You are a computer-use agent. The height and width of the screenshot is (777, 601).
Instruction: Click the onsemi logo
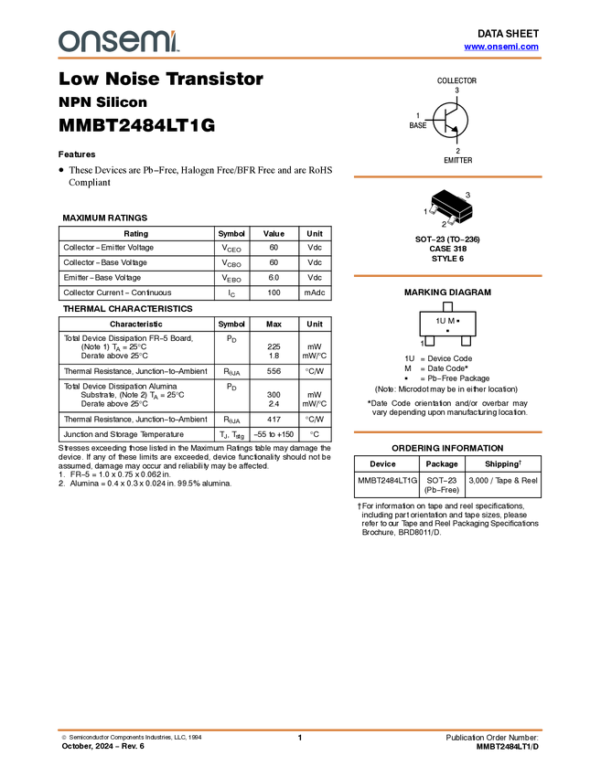119,41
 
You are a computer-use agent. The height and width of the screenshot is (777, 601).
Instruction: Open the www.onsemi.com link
501,47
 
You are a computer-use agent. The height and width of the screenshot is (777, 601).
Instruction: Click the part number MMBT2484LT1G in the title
137,125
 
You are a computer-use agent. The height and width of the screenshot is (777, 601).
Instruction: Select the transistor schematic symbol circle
450,121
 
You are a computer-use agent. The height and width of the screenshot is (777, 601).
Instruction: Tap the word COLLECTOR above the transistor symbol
456,80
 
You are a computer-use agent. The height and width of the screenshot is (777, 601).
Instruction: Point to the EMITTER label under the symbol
457,160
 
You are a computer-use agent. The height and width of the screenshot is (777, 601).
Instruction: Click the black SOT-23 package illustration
451,207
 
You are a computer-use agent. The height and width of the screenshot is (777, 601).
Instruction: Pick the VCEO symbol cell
231,249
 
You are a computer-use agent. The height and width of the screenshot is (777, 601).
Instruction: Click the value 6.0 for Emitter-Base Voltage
274,278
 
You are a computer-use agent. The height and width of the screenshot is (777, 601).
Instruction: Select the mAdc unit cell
315,293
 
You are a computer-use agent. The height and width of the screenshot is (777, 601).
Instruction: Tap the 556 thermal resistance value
274,371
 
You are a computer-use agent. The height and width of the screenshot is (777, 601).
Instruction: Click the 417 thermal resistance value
274,420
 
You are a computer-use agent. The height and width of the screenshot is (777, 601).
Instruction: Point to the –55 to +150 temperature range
274,434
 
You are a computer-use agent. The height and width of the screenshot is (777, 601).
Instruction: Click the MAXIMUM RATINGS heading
105,218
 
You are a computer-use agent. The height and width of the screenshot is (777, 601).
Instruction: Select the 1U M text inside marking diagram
445,321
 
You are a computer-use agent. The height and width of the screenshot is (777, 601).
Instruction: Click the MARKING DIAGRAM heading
447,293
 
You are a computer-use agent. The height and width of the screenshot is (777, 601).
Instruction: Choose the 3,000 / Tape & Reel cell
503,480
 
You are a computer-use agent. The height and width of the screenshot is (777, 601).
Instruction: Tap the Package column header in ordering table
442,463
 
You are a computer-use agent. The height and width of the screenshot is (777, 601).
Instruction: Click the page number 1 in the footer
300,738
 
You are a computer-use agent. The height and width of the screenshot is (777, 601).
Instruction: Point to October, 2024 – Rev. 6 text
102,746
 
